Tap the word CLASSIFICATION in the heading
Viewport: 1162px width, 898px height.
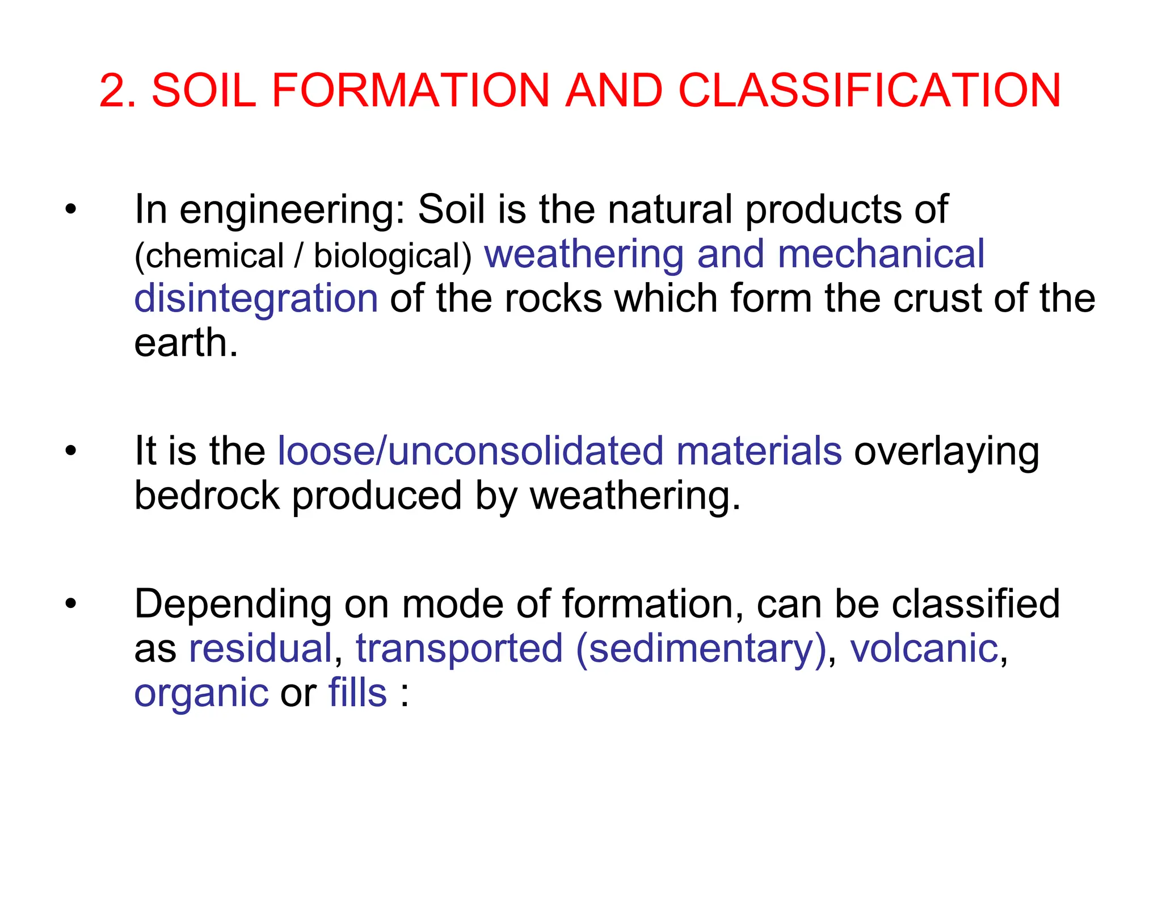(x=869, y=91)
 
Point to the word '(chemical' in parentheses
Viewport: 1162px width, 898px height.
(x=209, y=256)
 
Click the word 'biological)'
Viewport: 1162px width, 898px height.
(x=393, y=256)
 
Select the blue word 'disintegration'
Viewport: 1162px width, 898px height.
(x=256, y=299)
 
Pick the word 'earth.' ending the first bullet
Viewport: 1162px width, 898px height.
(x=186, y=343)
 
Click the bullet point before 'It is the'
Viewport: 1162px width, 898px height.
(x=70, y=451)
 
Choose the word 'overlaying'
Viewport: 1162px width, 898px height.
(x=946, y=453)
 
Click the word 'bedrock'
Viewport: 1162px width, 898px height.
(x=207, y=496)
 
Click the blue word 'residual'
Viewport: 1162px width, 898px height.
(x=260, y=648)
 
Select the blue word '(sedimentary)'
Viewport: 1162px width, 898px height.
(x=701, y=649)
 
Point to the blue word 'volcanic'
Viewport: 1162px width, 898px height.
(x=924, y=648)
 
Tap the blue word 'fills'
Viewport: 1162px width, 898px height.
(x=357, y=693)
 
